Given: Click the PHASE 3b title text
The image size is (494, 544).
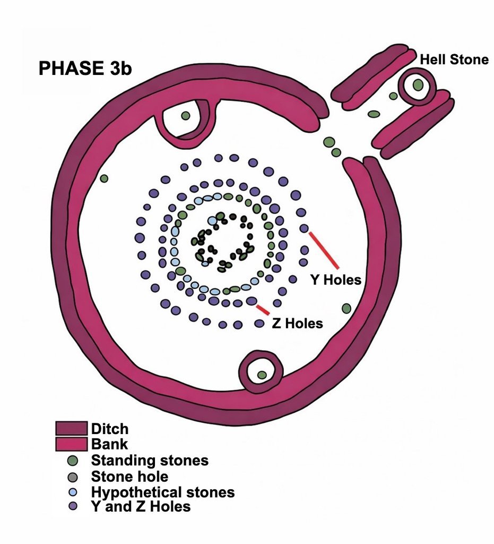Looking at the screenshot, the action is [x=85, y=68].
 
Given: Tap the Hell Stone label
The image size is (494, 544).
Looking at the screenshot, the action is [x=454, y=59].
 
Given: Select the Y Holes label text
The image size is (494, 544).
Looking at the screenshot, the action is [x=336, y=279].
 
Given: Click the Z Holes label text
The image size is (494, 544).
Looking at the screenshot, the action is [x=297, y=324].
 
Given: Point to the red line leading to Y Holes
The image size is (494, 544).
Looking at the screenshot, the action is [x=324, y=250].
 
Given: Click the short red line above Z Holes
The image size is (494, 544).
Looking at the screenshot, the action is [x=263, y=310].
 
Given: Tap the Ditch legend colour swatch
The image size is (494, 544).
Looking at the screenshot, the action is [x=71, y=429].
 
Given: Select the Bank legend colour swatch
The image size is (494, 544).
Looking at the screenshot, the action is [x=71, y=444].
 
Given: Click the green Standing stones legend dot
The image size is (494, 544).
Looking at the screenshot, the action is [x=73, y=461].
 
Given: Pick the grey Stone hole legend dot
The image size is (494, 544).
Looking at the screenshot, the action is [x=73, y=477].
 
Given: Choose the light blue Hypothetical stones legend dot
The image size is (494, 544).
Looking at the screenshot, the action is [x=73, y=492].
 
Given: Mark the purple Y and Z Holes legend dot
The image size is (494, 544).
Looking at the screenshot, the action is [x=73, y=506].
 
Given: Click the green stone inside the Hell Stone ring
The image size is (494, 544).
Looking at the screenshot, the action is [x=418, y=84].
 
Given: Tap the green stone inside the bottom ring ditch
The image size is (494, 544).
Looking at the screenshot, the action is [x=262, y=375].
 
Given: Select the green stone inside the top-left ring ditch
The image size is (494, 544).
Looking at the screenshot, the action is [x=186, y=115].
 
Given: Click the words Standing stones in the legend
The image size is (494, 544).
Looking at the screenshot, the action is [x=150, y=461].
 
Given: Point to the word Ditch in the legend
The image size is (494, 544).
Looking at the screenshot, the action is [x=109, y=429].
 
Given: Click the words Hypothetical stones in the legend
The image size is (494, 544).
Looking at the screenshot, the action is [x=163, y=492].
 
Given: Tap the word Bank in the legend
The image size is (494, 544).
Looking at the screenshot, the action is [x=109, y=444].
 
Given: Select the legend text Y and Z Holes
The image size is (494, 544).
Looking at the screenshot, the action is [x=141, y=506].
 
